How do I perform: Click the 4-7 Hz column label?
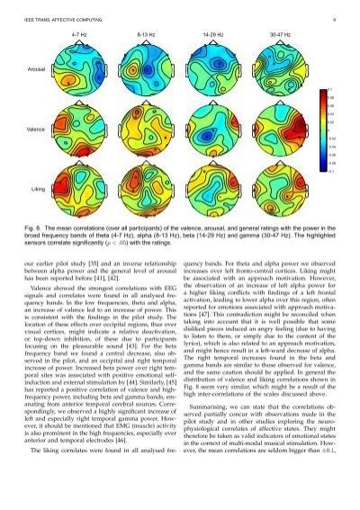(x=79, y=34)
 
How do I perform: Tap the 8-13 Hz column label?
(x=148, y=34)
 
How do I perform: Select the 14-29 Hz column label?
(x=214, y=34)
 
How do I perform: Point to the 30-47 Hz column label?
(x=280, y=34)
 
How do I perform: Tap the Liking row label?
(x=39, y=191)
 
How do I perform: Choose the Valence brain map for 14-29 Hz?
(x=213, y=130)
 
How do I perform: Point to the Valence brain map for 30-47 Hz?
(x=280, y=130)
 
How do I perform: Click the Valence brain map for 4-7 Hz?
(x=80, y=130)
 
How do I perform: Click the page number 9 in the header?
(x=334, y=18)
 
